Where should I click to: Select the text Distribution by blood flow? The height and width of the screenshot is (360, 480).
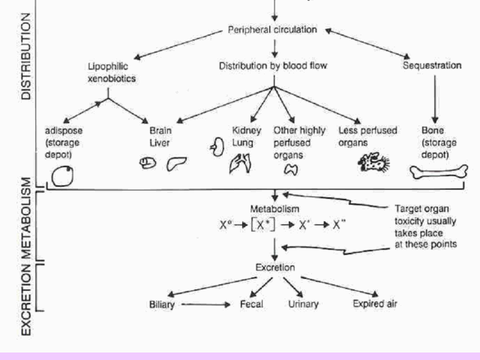[273, 66]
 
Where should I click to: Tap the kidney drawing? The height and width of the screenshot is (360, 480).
[218, 146]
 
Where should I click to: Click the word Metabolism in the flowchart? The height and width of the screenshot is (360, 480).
[274, 207]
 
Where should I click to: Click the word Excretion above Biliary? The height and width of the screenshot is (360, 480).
[274, 267]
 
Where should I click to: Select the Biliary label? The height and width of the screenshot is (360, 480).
[163, 304]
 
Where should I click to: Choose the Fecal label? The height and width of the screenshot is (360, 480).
[250, 304]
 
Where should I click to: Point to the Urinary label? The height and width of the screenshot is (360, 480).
[303, 304]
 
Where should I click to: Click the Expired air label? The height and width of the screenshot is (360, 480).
[375, 304]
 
